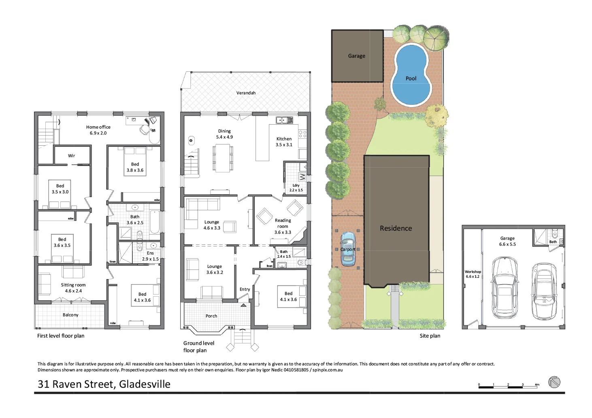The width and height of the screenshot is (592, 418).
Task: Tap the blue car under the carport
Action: (x=348, y=249)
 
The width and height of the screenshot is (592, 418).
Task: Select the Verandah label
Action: (x=246, y=93)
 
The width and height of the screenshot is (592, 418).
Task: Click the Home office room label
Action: (x=98, y=130)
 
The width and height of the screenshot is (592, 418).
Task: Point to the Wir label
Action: (x=71, y=156)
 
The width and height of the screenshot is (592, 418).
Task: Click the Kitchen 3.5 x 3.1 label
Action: (x=284, y=142)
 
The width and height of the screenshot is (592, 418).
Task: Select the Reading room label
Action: (x=283, y=226)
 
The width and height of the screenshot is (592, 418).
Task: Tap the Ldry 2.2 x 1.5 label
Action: (x=296, y=188)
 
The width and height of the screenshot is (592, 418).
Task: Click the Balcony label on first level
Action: (x=70, y=315)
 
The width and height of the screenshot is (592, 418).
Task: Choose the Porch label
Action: (x=211, y=316)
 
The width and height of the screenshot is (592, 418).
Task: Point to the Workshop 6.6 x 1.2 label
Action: (x=473, y=274)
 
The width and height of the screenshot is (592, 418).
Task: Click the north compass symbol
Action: (x=554, y=382)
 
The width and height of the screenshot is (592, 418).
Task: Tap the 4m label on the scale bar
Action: (x=537, y=385)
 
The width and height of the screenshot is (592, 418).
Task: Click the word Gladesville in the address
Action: (x=145, y=384)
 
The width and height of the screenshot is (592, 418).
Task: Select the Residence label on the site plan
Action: (x=396, y=228)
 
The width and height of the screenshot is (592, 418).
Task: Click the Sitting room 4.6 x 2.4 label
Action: (x=73, y=288)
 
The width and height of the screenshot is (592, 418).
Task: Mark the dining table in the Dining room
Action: (x=223, y=158)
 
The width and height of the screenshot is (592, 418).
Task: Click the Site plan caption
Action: (x=430, y=336)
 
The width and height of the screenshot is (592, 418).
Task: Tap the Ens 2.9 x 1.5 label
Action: (x=150, y=256)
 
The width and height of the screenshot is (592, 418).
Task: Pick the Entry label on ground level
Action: (x=245, y=289)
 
